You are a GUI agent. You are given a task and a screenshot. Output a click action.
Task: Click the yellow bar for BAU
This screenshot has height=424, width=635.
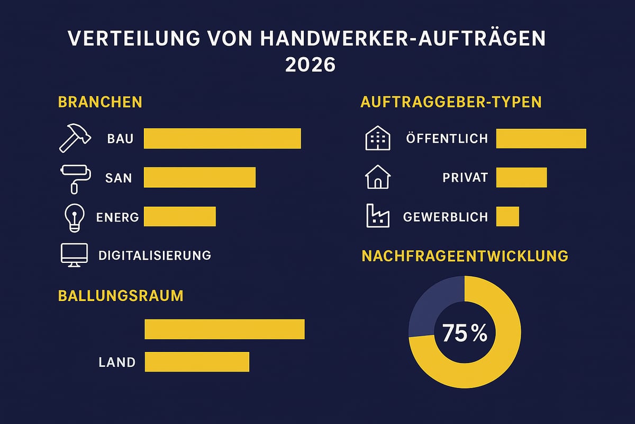(222, 138)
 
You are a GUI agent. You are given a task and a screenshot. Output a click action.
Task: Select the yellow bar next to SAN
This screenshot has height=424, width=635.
(199, 177)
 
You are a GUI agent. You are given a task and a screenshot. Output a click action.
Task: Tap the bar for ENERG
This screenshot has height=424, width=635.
(180, 216)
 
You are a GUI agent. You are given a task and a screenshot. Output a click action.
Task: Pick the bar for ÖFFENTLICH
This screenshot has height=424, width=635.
(541, 138)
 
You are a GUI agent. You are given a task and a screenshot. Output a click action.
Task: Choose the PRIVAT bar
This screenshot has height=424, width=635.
(521, 177)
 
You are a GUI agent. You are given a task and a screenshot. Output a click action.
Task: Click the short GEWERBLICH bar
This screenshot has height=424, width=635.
(507, 216)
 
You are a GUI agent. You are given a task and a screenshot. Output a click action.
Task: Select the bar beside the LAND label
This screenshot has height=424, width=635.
(196, 362)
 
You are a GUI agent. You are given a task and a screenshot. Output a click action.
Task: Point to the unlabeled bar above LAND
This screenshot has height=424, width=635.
(224, 329)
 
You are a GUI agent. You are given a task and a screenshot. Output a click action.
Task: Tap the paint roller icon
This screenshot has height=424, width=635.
(75, 178)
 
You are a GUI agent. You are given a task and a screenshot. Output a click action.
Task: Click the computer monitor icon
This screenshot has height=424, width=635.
(74, 255)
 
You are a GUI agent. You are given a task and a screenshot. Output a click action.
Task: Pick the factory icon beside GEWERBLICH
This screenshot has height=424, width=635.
(377, 217)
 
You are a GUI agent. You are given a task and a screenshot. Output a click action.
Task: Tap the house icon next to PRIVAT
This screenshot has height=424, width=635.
(378, 178)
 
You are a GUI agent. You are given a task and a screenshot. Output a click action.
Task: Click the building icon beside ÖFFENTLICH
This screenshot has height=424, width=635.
(377, 138)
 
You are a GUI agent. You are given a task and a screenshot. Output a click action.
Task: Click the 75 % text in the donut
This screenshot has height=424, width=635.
(464, 333)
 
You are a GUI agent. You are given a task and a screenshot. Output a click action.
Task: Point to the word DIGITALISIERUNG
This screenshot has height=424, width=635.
(155, 255)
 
